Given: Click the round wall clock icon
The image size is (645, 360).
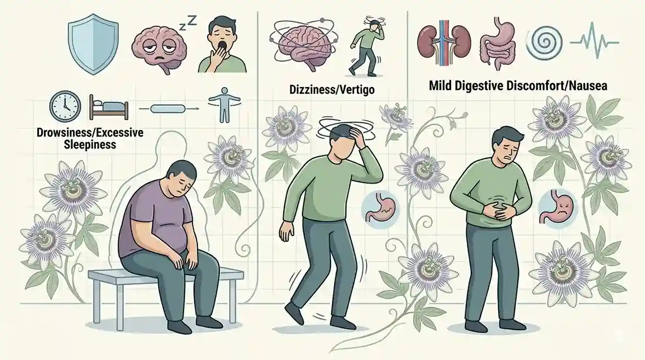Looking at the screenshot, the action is pos(65,106).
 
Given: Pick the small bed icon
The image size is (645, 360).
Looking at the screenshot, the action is pos(109,107).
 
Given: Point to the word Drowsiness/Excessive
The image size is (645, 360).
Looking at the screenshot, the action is pos(90,133).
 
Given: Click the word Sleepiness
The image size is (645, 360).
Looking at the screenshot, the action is pos(90,145).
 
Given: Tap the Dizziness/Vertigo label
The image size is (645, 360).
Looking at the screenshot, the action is pos(332,89).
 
